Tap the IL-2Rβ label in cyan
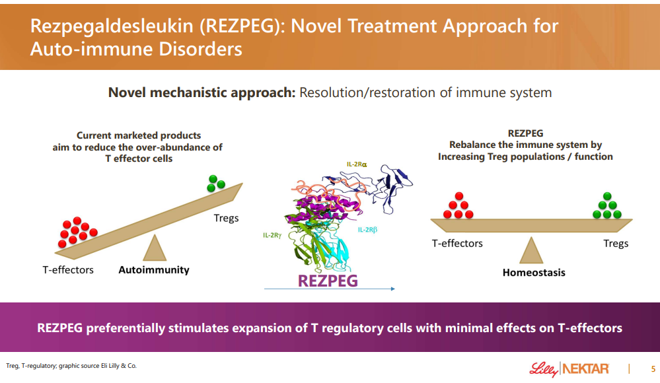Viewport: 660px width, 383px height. (367, 230)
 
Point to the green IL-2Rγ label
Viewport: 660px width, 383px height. (272, 234)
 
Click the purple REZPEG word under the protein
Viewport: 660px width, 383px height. (328, 280)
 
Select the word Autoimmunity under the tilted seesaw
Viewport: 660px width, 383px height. (154, 269)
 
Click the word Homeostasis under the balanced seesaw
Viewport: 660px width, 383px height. (534, 272)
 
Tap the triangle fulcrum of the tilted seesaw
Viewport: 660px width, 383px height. (155, 249)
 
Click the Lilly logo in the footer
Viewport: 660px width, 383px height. (543, 368)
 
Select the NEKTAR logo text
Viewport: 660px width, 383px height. (585, 368)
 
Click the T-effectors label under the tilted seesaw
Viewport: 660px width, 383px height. (68, 269)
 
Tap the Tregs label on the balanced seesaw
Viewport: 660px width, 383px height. (616, 243)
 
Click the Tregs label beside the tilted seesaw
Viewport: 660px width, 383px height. (226, 218)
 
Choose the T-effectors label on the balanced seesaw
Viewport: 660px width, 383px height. (457, 243)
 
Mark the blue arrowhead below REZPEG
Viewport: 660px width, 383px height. (392, 289)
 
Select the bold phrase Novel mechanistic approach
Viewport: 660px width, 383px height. (202, 92)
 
